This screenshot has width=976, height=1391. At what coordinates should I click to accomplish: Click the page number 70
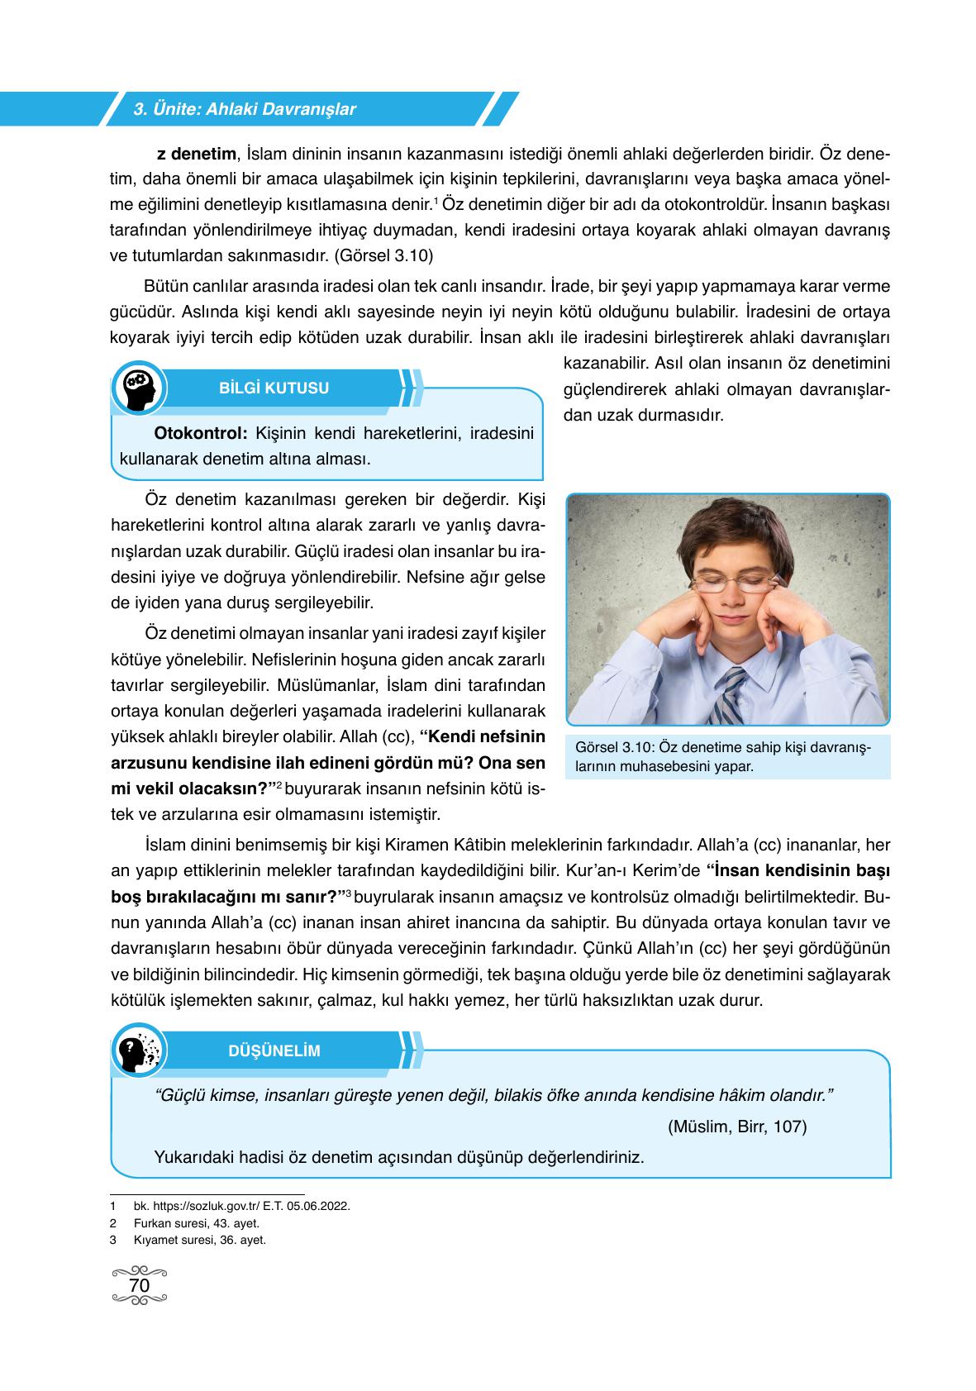(140, 1286)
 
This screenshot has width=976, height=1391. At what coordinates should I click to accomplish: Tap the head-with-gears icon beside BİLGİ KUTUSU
(139, 388)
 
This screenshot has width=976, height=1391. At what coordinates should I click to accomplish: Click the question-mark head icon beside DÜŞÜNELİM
(139, 1052)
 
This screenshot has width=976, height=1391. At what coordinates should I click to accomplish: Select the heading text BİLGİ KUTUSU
(274, 388)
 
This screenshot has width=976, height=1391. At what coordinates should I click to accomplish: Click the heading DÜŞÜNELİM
(274, 1051)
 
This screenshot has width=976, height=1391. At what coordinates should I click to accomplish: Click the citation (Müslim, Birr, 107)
(737, 1127)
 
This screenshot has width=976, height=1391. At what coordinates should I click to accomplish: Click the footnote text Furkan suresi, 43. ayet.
(196, 1223)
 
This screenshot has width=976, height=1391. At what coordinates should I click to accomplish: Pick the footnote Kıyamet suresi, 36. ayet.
(199, 1240)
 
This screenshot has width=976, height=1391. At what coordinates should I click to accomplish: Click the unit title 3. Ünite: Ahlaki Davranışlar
(245, 109)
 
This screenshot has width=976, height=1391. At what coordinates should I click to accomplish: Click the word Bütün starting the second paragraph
(165, 287)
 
